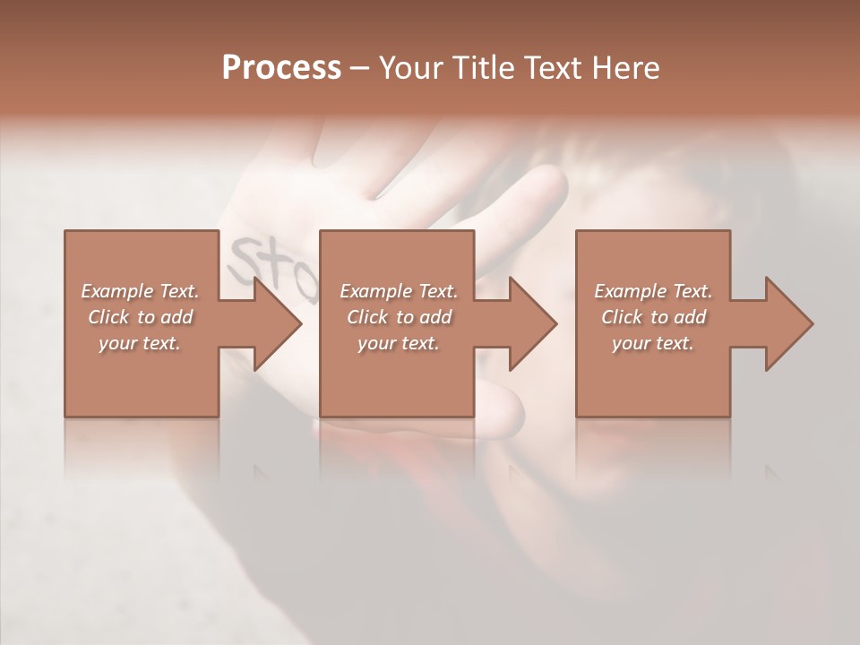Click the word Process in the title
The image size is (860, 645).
281,68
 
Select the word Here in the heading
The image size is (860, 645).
625,68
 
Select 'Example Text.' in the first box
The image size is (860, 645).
140,291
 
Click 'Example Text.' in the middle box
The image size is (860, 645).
399,291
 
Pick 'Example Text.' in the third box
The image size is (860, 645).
653,291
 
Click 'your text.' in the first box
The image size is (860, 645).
140,343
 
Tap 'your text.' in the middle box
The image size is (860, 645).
399,343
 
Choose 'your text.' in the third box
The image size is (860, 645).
653,343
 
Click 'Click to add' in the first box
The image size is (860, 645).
140,317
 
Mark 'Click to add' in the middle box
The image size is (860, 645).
399,317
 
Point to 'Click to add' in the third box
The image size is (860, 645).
653,317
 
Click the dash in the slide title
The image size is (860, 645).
360,69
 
